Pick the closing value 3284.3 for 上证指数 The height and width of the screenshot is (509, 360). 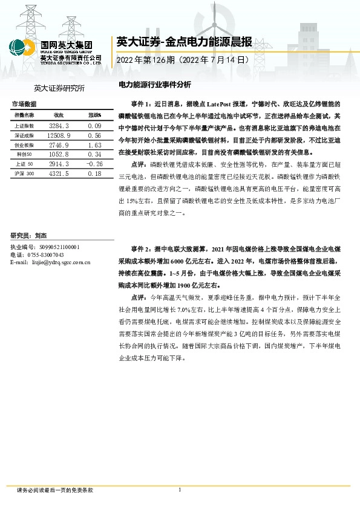pos(59,125)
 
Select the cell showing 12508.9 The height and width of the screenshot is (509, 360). pos(59,136)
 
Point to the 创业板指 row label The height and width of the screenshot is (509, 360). pos(24,146)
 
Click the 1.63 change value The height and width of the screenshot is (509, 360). pos(94,146)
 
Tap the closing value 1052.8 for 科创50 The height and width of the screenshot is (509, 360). pos(59,155)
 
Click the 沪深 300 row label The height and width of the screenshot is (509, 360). pos(24,173)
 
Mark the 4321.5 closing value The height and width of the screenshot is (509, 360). pos(59,173)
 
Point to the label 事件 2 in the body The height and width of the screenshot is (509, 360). pos(142,248)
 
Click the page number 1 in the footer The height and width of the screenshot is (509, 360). pos(180,489)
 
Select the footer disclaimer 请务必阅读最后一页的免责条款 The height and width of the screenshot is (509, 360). pos(56,490)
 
